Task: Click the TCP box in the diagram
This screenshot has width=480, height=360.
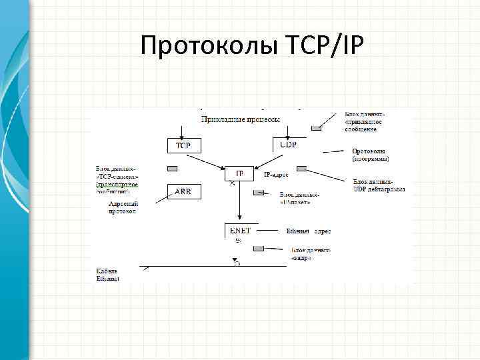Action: pyautogui.click(x=183, y=145)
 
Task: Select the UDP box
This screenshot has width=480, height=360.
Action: pyautogui.click(x=288, y=145)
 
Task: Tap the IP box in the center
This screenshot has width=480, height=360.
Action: pyautogui.click(x=239, y=173)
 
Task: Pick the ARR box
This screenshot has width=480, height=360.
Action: pyautogui.click(x=183, y=192)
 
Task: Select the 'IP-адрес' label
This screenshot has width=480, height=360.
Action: pyautogui.click(x=275, y=174)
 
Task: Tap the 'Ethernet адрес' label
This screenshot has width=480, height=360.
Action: pyautogui.click(x=308, y=231)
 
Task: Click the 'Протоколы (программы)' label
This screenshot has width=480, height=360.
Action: pyautogui.click(x=371, y=155)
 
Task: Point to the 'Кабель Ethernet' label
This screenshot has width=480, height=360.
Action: pyautogui.click(x=107, y=275)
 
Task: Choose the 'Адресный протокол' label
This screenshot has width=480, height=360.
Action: pyautogui.click(x=123, y=207)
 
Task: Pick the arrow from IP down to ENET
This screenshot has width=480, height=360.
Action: pyautogui.click(x=239, y=203)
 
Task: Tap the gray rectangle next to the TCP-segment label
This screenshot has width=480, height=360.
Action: pyautogui.click(x=171, y=168)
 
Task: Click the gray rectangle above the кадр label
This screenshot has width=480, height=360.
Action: pyautogui.click(x=259, y=248)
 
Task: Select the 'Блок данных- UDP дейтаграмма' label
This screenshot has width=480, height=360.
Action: pyautogui.click(x=379, y=185)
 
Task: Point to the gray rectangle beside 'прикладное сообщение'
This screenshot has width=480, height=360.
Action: pyautogui.click(x=315, y=127)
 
